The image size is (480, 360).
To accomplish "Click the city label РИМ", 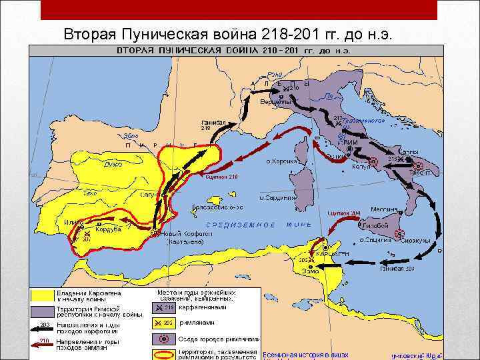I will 351,142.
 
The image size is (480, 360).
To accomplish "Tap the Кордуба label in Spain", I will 107,229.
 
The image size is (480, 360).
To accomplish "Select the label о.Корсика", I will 281,161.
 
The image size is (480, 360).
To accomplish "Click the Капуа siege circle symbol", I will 373,161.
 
